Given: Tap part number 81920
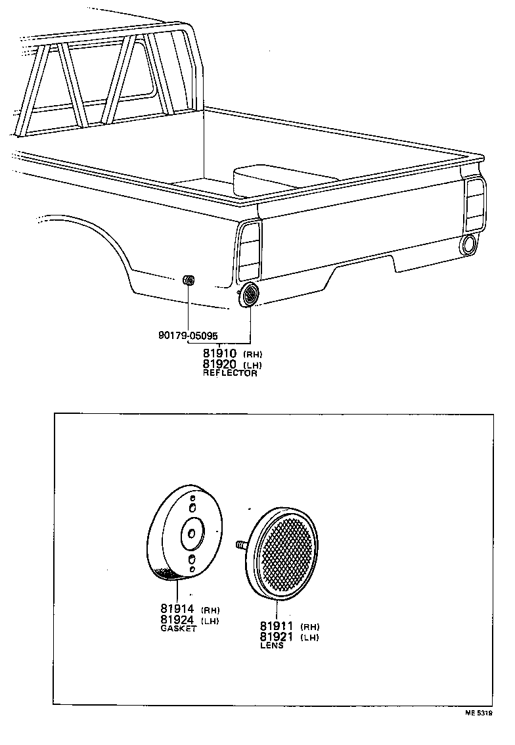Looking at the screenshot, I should [x=220, y=365].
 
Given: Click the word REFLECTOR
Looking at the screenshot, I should [x=230, y=373].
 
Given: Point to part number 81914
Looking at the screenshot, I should [x=177, y=609].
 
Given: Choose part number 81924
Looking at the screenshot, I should [x=177, y=620].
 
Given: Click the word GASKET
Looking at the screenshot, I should [x=179, y=629].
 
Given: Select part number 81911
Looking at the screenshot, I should [x=276, y=626].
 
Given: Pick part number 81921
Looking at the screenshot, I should [x=276, y=637].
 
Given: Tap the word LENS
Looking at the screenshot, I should [x=271, y=645].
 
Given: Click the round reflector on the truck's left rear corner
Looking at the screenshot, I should [x=250, y=296].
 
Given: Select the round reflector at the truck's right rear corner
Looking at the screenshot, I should [x=470, y=244].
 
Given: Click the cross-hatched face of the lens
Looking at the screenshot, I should [x=286, y=551].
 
